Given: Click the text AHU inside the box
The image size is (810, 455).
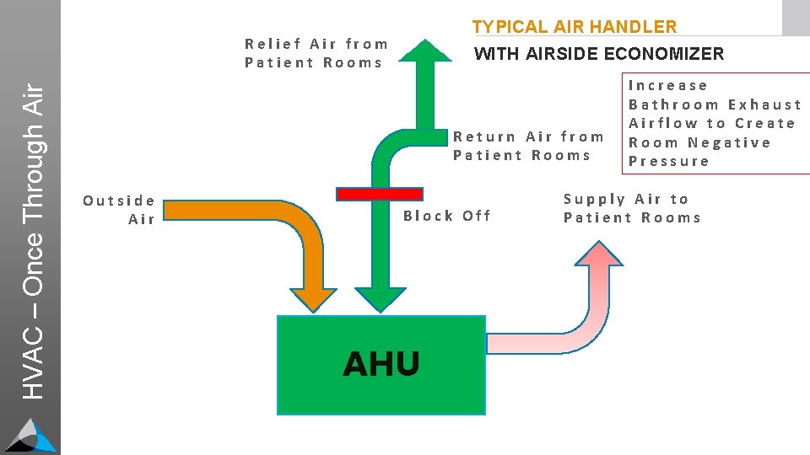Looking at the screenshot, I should [x=381, y=364].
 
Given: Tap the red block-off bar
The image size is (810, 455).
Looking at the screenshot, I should [x=379, y=194].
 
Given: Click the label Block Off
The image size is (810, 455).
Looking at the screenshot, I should [x=446, y=216].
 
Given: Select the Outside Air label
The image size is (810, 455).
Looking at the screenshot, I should [x=120, y=210].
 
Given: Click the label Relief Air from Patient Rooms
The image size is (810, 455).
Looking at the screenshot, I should [x=316, y=53].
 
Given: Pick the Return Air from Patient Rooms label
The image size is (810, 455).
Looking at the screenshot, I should [x=529, y=146].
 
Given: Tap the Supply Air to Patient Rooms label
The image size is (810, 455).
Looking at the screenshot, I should [x=632, y=208].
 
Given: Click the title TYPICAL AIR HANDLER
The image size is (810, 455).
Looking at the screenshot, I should [x=575, y=27].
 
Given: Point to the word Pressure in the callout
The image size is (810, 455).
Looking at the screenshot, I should [x=669, y=161].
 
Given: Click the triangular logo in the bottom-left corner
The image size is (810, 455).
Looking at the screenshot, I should [x=30, y=435].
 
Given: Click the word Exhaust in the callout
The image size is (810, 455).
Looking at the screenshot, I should [x=764, y=104].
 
